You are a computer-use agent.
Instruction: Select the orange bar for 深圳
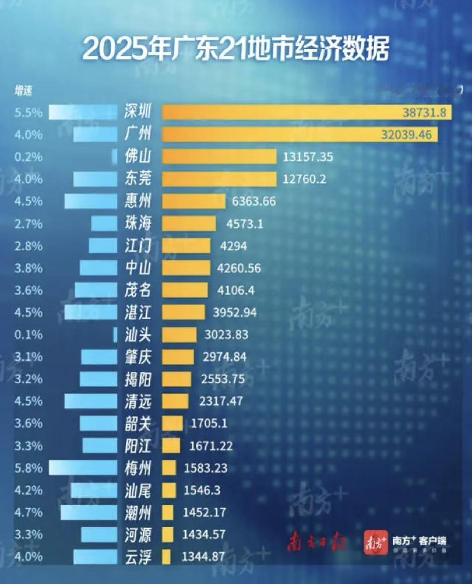pyautogui.click(x=306, y=112)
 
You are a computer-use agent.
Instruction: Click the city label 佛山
pyautogui.click(x=137, y=157)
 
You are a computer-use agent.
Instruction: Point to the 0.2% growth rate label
pyautogui.click(x=28, y=157)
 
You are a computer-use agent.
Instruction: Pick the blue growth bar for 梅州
pyautogui.click(x=83, y=468)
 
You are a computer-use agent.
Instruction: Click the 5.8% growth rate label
pyautogui.click(x=28, y=468)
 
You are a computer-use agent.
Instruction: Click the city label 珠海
pyautogui.click(x=137, y=223)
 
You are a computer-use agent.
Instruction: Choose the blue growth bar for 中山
pyautogui.click(x=98, y=268)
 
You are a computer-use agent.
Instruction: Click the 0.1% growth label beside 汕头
pyautogui.click(x=28, y=335)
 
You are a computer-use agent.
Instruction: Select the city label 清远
pyautogui.click(x=137, y=401)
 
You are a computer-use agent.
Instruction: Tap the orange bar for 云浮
pyautogui.click(x=166, y=557)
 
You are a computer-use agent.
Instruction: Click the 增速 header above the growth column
pyautogui.click(x=23, y=91)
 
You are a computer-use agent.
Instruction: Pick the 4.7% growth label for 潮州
pyautogui.click(x=28, y=512)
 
